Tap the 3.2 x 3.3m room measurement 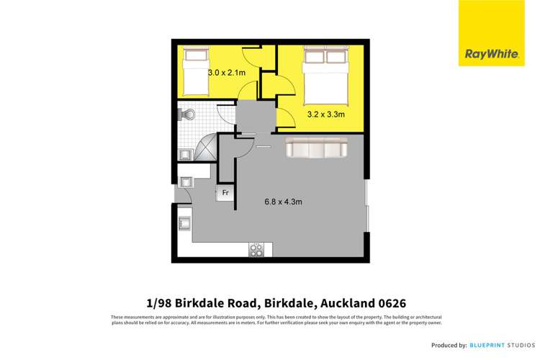point(326,113)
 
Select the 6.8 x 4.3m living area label point(282,202)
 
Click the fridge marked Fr point(225,193)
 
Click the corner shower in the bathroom point(204,148)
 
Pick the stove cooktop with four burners point(256,249)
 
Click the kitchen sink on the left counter point(183,222)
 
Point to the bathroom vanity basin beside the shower point(183,153)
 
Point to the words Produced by point(447,346)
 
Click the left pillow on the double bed point(315,56)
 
